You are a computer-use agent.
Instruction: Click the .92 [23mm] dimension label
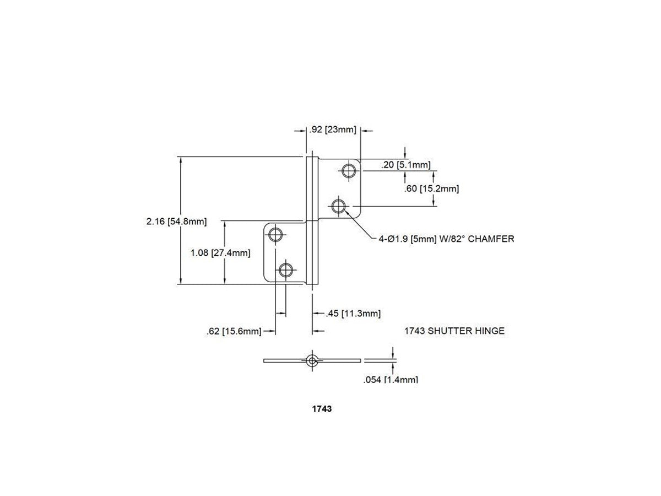click(333, 130)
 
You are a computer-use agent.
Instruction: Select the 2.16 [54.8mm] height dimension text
click(176, 222)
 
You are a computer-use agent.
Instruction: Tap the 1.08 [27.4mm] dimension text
click(220, 252)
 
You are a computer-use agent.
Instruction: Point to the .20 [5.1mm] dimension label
click(406, 165)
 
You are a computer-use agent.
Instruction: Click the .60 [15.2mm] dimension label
click(431, 189)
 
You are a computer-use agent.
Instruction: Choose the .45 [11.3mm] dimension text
click(353, 314)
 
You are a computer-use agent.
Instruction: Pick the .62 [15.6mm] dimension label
click(234, 332)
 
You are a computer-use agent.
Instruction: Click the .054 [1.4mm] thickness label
click(391, 380)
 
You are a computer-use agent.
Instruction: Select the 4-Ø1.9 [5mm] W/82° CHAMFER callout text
click(446, 239)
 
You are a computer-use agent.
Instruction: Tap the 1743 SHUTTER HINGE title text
click(454, 331)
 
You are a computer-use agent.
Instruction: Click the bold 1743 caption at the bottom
click(322, 409)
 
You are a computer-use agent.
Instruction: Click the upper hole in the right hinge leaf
click(349, 171)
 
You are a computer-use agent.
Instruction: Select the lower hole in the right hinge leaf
click(338, 207)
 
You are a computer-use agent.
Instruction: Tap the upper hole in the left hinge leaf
click(275, 235)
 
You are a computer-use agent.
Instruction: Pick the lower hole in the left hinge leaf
click(286, 270)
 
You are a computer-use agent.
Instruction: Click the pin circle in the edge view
click(312, 360)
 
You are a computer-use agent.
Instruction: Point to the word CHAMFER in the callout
click(491, 239)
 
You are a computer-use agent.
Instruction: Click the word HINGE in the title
click(490, 331)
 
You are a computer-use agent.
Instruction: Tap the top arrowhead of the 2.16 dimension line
click(181, 160)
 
